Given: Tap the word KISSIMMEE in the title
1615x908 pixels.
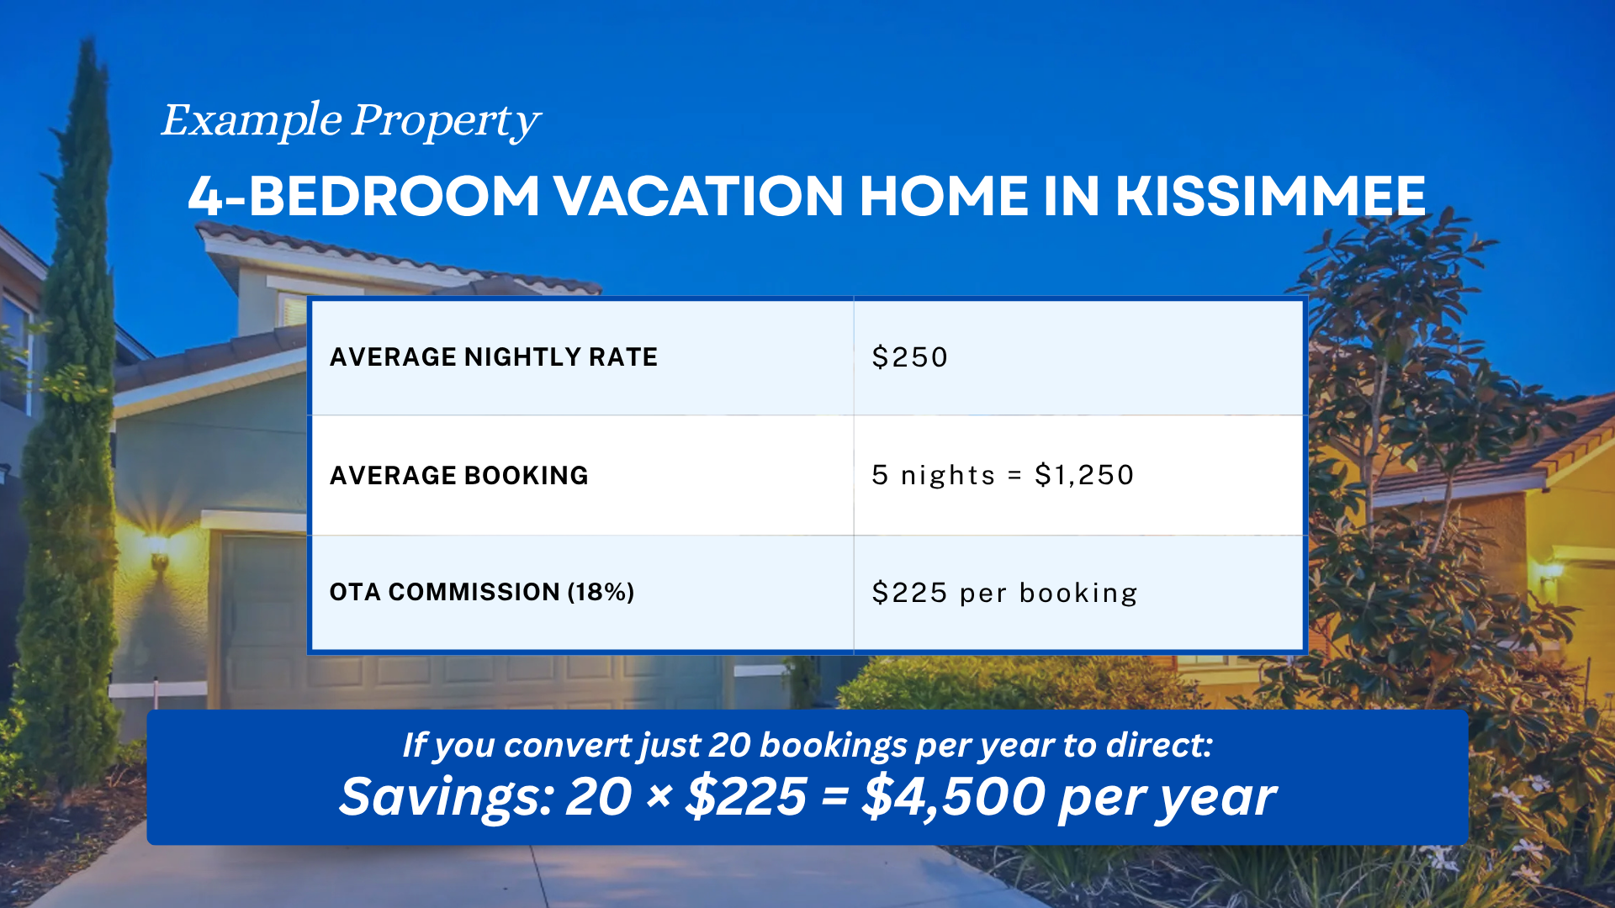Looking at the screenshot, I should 1270,197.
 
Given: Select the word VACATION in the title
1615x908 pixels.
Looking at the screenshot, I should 698,197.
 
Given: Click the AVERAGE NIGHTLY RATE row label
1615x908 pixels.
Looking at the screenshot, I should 493,357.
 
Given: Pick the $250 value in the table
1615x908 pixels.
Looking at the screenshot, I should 910,357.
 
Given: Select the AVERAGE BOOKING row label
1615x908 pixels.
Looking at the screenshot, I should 458,476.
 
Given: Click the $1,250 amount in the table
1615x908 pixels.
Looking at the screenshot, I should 1084,475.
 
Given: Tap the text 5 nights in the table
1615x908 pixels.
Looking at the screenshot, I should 933,475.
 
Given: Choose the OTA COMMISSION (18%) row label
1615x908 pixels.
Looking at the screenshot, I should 481,592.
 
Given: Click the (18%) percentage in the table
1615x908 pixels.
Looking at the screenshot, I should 601,592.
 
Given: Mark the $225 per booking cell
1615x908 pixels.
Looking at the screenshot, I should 1004,593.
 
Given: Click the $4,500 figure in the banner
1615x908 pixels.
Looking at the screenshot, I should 953,797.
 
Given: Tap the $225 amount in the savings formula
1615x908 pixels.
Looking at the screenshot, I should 746,797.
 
